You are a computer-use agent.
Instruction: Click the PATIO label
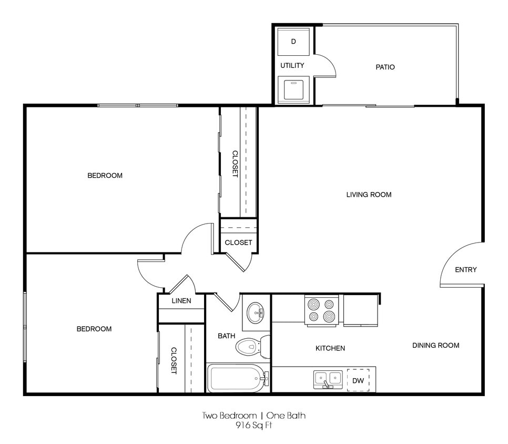[385, 67]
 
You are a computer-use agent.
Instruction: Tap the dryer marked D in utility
[293, 41]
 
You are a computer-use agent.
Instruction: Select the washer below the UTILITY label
[293, 88]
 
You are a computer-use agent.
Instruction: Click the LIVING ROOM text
[369, 195]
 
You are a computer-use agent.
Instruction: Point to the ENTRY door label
[465, 270]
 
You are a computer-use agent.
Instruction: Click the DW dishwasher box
[358, 380]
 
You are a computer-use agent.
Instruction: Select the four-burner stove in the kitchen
[321, 310]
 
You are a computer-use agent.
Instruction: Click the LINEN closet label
[181, 301]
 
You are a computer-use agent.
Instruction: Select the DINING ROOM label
[435, 345]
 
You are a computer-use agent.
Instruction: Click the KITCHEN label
[330, 348]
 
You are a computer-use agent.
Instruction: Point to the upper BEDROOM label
[105, 175]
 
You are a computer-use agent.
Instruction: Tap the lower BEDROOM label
[94, 329]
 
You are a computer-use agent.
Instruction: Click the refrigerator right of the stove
[360, 310]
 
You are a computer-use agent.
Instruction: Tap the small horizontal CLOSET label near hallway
[238, 243]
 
